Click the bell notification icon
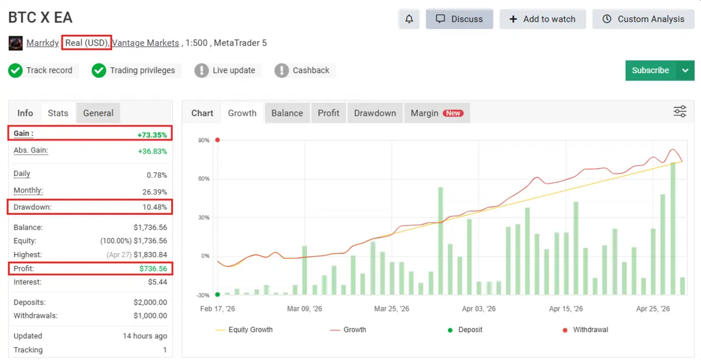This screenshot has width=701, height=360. (409, 19)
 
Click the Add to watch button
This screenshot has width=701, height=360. (543, 19)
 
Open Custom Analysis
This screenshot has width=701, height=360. (643, 19)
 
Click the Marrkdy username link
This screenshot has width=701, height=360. (43, 43)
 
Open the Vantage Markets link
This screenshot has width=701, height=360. (145, 43)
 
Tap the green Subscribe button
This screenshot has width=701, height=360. (650, 71)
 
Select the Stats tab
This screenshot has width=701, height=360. (58, 113)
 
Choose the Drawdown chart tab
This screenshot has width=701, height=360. (375, 113)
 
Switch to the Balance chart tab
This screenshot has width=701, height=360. (287, 113)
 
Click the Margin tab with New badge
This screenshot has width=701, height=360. (437, 113)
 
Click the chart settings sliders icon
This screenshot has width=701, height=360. (680, 112)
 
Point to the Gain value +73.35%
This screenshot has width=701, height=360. (152, 135)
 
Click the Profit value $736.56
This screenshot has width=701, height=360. (153, 269)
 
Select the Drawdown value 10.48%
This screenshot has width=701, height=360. (155, 207)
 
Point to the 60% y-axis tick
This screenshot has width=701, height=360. (204, 179)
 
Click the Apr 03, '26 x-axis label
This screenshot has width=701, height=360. (479, 309)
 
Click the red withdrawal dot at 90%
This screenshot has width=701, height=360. (217, 140)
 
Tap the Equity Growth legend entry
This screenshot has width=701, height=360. (244, 330)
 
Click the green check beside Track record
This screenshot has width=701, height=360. (15, 71)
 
